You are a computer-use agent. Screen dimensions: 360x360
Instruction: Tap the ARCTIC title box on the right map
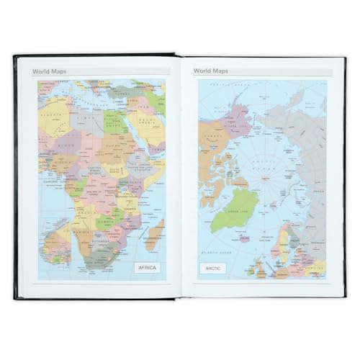click(212, 269)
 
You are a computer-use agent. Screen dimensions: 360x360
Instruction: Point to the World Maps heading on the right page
click(211, 71)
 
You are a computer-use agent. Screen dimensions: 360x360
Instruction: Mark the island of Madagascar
click(154, 234)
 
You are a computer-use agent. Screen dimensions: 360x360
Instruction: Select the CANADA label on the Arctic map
click(212, 137)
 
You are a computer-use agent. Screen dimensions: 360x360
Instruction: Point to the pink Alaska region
click(220, 101)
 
